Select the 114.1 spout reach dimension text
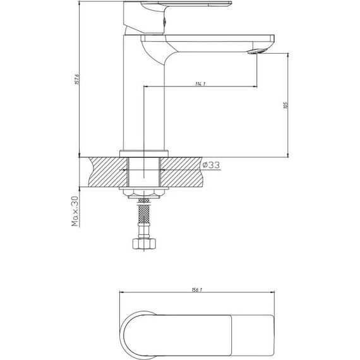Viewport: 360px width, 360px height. click(200, 82)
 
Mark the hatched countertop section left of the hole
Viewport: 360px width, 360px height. click(106, 172)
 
